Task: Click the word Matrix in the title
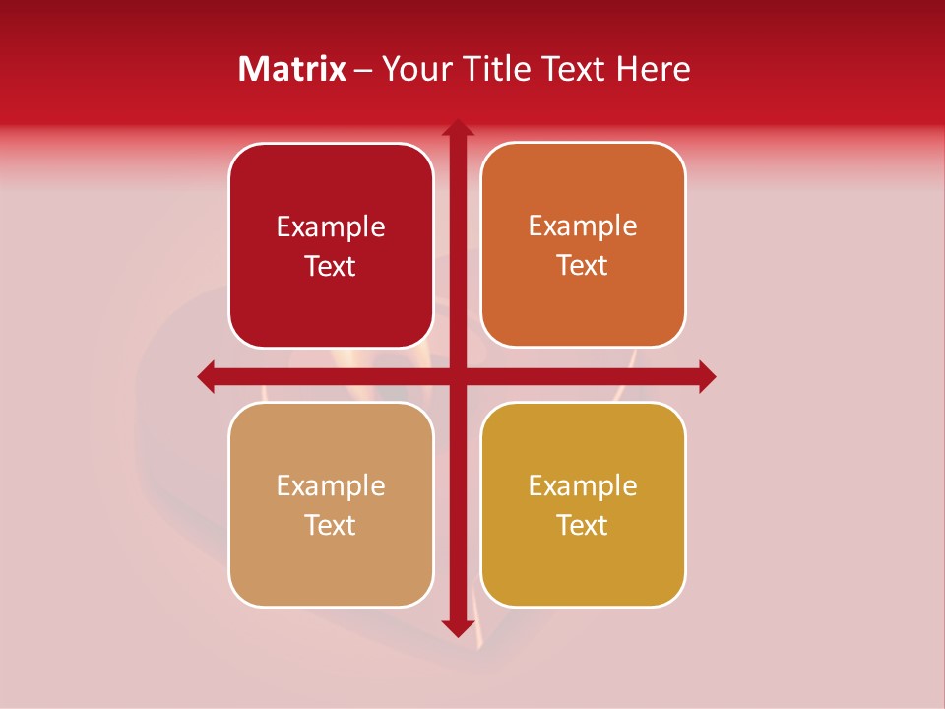pos(292,69)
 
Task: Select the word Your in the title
pos(414,69)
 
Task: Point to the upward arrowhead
pos(458,128)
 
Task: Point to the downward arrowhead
pos(458,627)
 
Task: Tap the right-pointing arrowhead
pos(707,376)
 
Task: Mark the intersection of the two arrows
pos(458,376)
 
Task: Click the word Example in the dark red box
pos(331,227)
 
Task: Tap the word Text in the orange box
pos(583,266)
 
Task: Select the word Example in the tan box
pos(331,486)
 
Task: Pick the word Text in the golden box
pos(583,526)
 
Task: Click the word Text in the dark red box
pos(331,267)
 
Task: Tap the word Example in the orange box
pos(583,226)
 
